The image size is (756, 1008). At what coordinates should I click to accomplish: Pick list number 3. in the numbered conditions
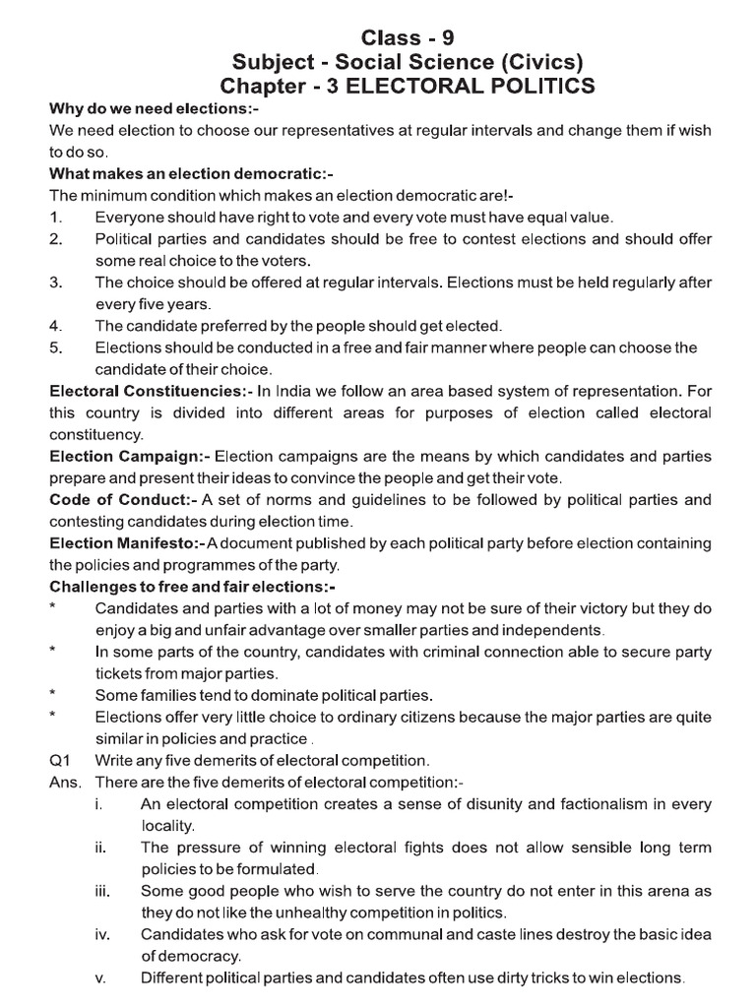[x=56, y=283]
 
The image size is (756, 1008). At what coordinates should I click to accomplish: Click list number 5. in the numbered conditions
[x=56, y=347]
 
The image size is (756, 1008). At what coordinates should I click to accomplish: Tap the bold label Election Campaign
[x=129, y=456]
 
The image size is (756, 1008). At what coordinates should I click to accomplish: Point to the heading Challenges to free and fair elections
[x=194, y=587]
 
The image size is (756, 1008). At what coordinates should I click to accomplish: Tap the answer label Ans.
[x=64, y=783]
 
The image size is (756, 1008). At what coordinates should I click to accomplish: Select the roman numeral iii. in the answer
[x=103, y=891]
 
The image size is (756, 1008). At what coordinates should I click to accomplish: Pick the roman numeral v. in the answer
[x=101, y=977]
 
